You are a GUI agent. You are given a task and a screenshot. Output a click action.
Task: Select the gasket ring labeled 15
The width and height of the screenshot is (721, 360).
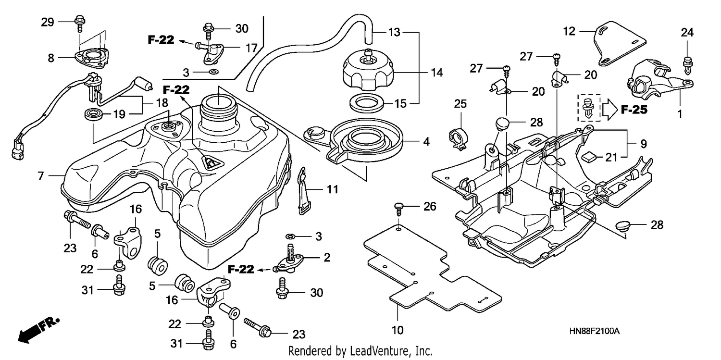(x=367, y=103)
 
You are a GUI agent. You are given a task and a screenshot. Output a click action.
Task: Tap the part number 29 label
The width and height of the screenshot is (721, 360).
(x=47, y=22)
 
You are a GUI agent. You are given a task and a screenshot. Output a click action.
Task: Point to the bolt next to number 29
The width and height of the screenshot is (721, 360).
(x=79, y=24)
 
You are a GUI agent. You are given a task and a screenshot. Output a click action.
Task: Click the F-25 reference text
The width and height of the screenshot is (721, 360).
(x=634, y=110)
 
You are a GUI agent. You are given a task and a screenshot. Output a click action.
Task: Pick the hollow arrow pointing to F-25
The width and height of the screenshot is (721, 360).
(x=610, y=110)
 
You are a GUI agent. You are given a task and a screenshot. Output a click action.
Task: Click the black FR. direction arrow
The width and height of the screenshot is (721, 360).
(x=38, y=330)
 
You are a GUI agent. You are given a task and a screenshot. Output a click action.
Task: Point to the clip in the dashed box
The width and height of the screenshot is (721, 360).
(x=589, y=108)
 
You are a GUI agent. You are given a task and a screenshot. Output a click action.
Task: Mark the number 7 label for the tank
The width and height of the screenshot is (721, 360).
(x=40, y=175)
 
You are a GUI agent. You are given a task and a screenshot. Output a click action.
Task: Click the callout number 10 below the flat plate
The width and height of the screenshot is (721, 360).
(x=398, y=330)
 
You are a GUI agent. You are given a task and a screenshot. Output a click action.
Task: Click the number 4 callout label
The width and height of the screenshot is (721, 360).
(x=426, y=141)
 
